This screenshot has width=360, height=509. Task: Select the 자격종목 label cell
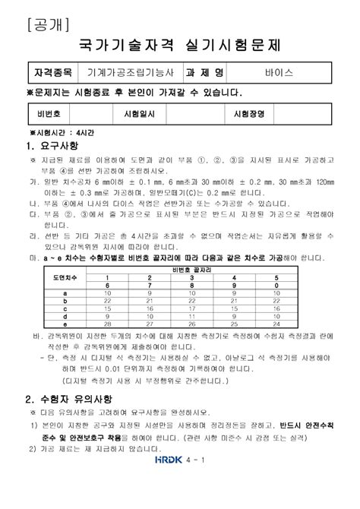53,74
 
